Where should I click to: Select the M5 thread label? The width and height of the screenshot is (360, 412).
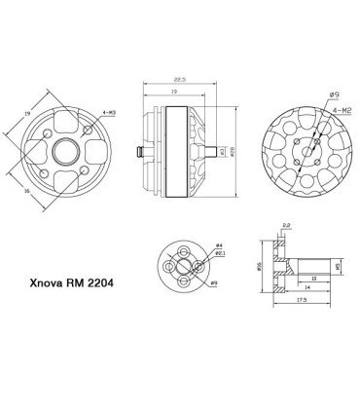pyautogui.click(x=337, y=265)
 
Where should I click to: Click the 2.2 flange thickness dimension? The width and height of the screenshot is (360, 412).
pyautogui.click(x=284, y=226)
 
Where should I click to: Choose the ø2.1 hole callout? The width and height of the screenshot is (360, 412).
pyautogui.click(x=219, y=255)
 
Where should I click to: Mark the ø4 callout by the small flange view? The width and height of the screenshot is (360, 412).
pyautogui.click(x=218, y=244)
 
